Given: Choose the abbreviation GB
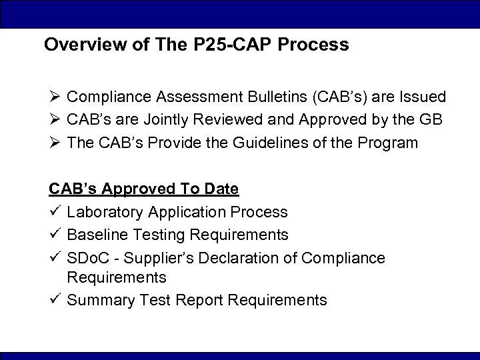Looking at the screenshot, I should (439, 119).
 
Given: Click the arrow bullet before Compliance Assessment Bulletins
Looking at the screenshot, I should (55, 97).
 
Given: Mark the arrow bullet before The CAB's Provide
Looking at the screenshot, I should (55, 141).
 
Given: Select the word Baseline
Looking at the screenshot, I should (95, 234).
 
